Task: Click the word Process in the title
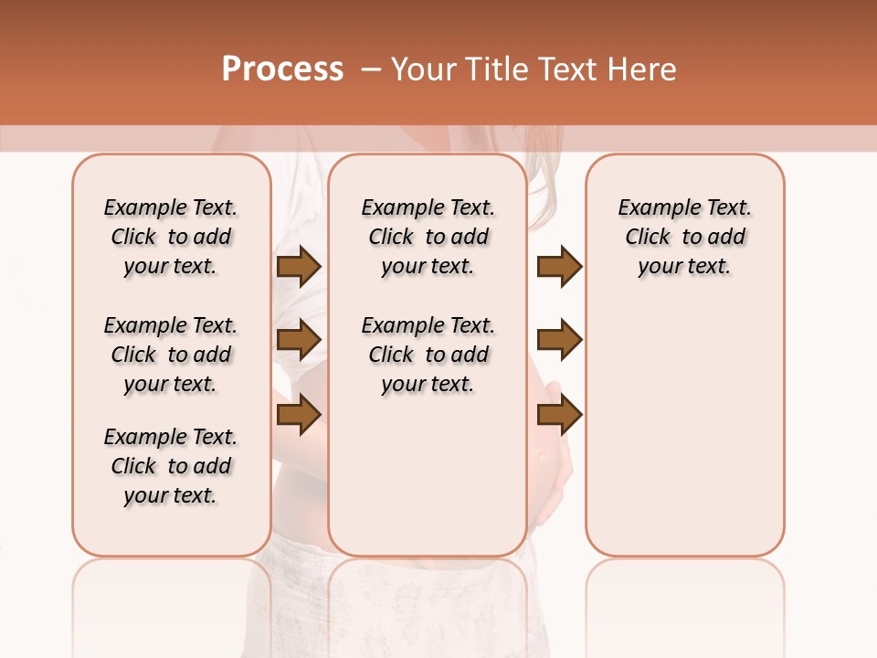(282, 69)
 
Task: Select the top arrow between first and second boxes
(299, 267)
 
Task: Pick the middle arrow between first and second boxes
(299, 340)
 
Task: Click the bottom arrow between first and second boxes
(299, 414)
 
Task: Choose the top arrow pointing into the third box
(559, 267)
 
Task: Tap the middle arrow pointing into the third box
(559, 340)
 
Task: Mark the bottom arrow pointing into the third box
(559, 414)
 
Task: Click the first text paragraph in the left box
(171, 237)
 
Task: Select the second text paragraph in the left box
(171, 355)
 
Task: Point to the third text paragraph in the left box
(171, 466)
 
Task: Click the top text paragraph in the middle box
(428, 237)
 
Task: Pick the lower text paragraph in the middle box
(428, 355)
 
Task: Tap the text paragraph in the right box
(684, 237)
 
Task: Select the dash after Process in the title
(370, 69)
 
